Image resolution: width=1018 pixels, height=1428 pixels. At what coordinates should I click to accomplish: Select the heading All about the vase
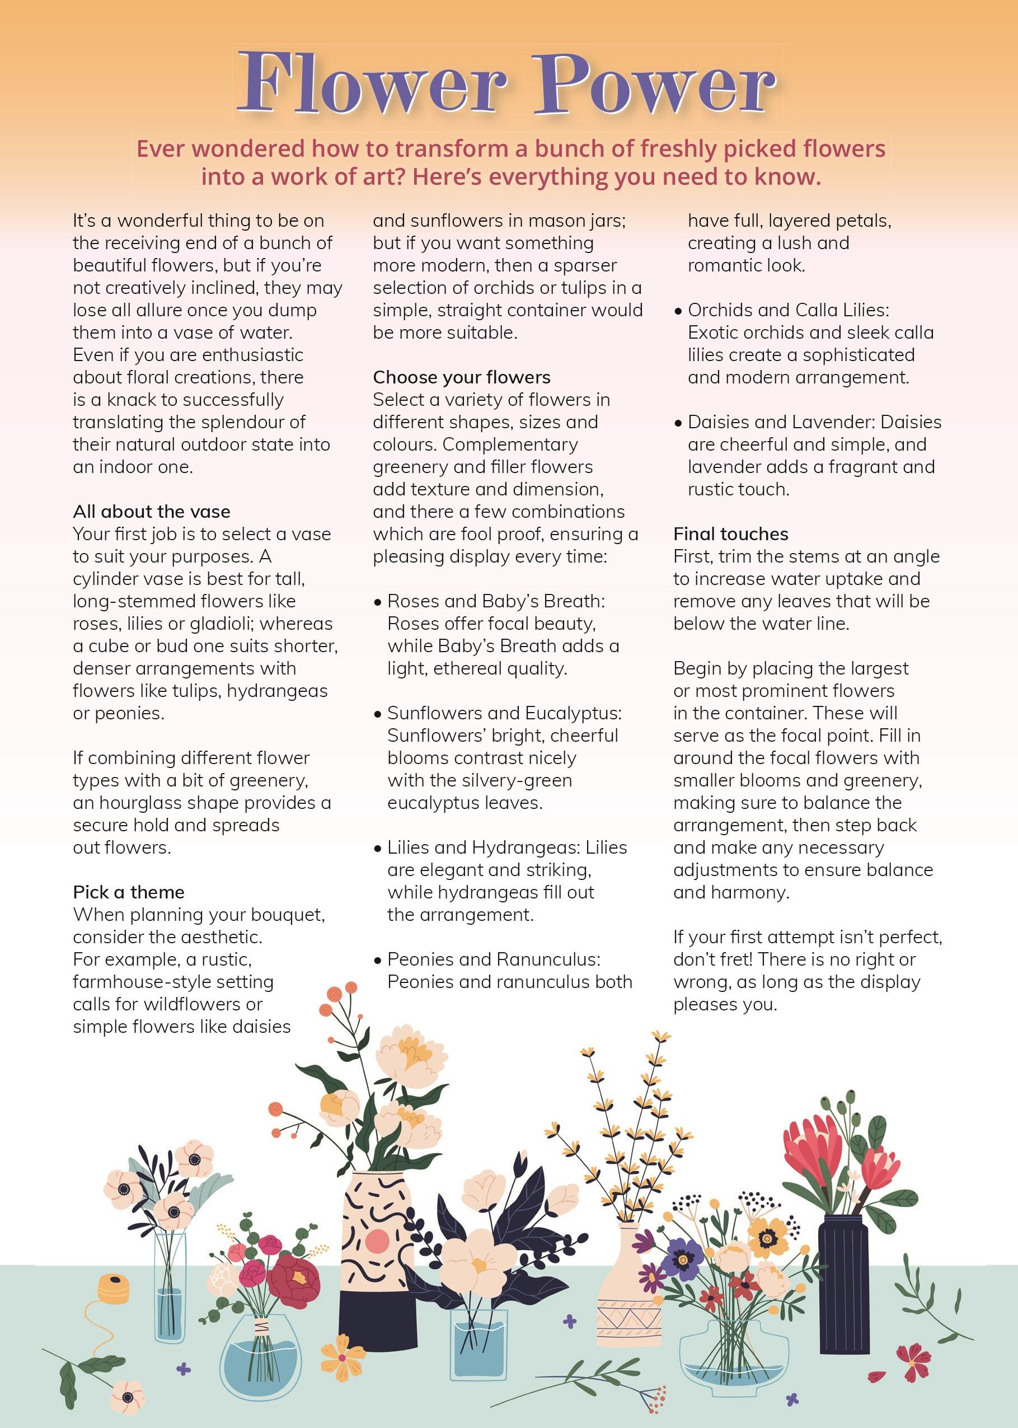[x=152, y=512]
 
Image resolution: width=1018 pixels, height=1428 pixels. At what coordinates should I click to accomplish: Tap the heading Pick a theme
[x=129, y=892]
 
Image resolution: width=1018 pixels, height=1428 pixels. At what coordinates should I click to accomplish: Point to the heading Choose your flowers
[x=461, y=377]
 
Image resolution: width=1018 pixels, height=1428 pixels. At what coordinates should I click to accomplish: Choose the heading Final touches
[x=731, y=534]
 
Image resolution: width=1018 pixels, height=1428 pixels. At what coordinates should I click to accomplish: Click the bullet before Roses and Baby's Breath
[x=377, y=602]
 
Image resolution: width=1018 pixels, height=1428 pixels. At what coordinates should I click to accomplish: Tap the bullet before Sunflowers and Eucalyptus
[x=377, y=715]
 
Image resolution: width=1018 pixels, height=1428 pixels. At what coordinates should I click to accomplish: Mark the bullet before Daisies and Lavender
[x=678, y=424]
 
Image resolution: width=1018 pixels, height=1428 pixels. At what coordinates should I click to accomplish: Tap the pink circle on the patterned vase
[x=378, y=1240]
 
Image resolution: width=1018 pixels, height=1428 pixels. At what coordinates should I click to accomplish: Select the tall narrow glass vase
[x=170, y=1285]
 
